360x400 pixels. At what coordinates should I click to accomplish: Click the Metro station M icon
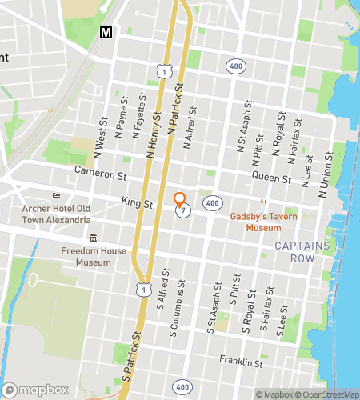coord(105,32)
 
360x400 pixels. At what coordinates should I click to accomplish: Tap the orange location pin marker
coord(180,200)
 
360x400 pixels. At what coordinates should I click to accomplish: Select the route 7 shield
coord(185,211)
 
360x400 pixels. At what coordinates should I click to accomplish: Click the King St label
coord(137,204)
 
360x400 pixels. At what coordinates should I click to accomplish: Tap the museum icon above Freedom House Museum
coord(94,238)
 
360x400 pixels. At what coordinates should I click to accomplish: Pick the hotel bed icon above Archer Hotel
coord(56,196)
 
